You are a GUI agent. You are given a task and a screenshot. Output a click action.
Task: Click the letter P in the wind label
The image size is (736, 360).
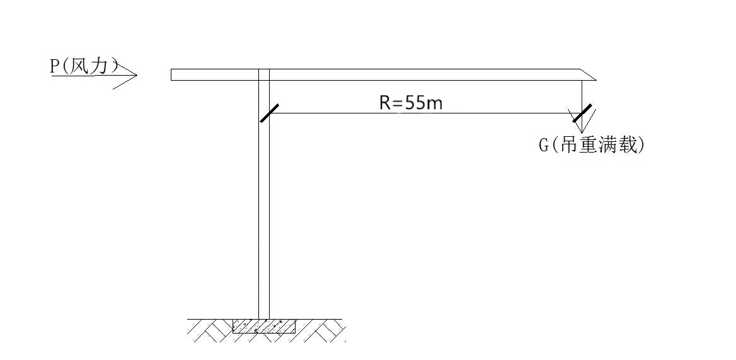55,67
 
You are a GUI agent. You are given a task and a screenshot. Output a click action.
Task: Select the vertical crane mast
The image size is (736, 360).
264,208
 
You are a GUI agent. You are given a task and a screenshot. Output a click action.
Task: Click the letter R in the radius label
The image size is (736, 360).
385,103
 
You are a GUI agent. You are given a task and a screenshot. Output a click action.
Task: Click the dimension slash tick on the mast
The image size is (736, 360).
269,113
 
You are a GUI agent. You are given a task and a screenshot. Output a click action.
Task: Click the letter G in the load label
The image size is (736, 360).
544,146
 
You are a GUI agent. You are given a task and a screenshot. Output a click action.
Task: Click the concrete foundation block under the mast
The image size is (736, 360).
264,326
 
